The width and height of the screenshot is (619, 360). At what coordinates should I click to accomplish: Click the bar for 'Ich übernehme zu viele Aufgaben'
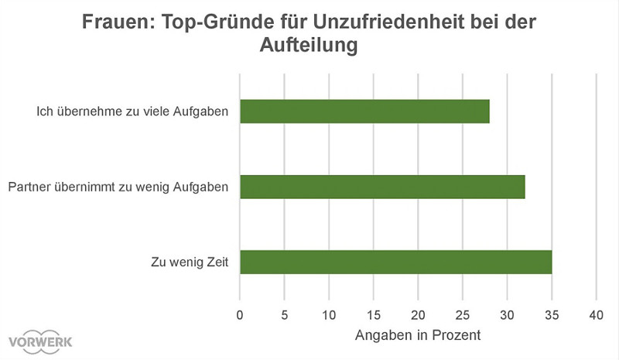(364, 111)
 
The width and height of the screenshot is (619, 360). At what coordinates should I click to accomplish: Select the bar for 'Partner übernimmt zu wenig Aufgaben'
(382, 187)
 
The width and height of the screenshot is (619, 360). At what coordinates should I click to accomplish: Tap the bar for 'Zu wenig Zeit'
(395, 262)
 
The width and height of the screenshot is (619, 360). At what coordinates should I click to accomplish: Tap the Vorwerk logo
(40, 341)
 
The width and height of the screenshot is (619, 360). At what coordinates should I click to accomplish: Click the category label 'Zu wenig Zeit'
(190, 262)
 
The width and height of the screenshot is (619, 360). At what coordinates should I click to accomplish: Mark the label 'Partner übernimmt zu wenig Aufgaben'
(118, 187)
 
